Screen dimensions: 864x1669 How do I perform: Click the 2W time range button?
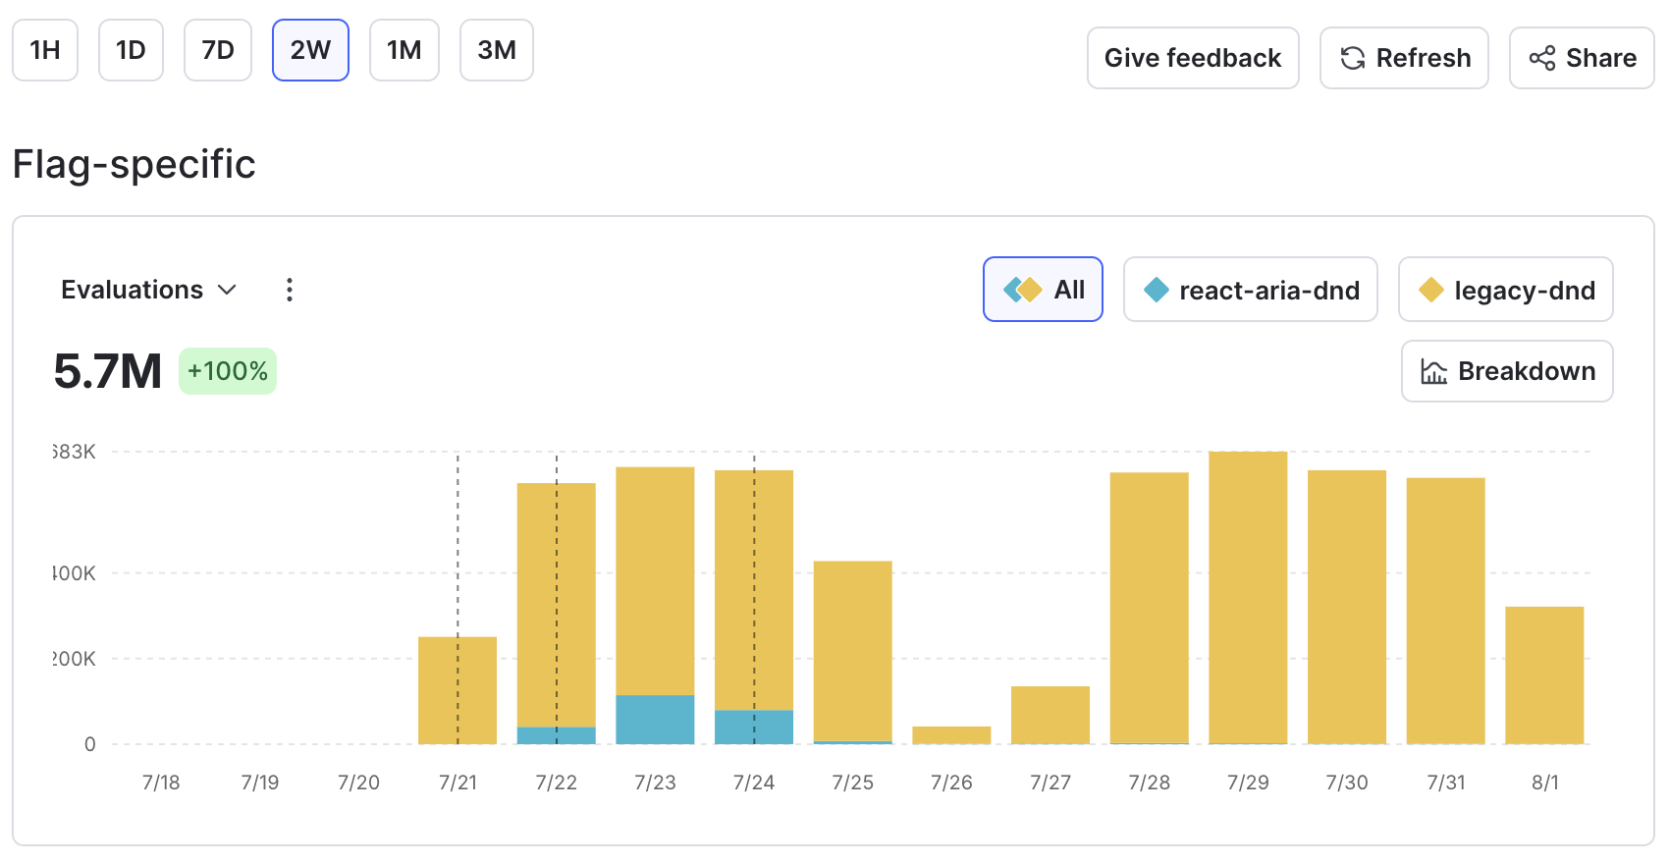point(310,50)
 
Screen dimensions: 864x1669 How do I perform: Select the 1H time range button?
point(45,50)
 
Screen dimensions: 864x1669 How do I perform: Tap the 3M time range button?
point(496,50)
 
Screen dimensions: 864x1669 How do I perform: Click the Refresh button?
point(1404,58)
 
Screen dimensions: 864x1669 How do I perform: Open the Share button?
point(1582,58)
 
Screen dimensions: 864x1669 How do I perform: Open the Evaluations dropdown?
point(148,290)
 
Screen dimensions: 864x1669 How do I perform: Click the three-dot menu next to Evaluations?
point(289,290)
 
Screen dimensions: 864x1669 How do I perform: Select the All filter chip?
point(1043,290)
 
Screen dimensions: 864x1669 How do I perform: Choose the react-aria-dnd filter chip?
point(1250,290)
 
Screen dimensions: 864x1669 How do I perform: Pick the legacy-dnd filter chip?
point(1505,290)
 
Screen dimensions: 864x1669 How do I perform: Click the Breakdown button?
point(1507,371)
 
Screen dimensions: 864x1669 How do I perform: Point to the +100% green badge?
point(228,371)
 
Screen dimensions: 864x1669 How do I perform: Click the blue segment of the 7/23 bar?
point(655,719)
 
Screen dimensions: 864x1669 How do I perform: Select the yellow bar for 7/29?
point(1248,599)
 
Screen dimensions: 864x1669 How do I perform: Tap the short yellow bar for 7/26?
point(951,734)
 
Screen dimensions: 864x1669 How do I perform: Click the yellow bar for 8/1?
point(1544,675)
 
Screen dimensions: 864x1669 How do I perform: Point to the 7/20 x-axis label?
point(358,783)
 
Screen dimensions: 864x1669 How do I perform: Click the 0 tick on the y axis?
point(90,744)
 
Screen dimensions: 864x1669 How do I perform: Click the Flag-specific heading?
point(135,164)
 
